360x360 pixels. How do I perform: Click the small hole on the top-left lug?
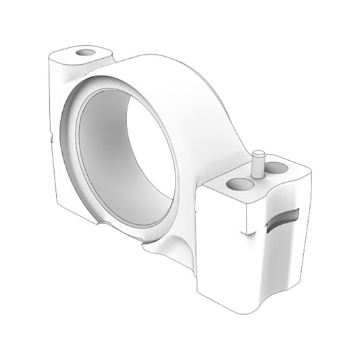pyautogui.click(x=86, y=52)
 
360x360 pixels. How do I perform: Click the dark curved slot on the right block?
pyautogui.click(x=283, y=218)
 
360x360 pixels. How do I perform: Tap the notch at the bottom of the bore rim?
pyautogui.click(x=102, y=222)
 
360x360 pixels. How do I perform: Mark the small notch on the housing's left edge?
pyautogui.click(x=51, y=138)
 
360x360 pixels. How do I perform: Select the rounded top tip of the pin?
pyautogui.click(x=257, y=154)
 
